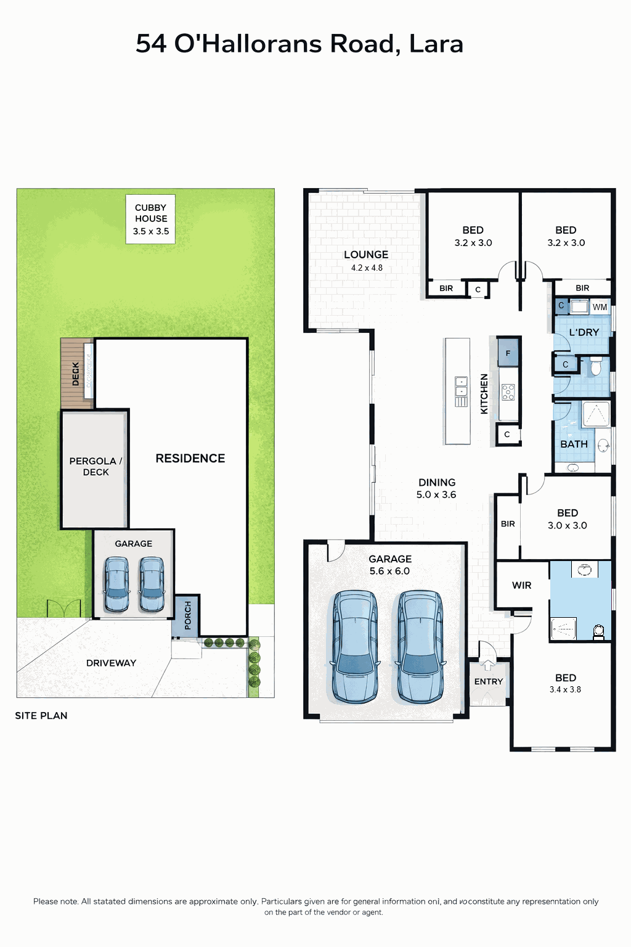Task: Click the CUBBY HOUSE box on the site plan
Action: coord(151,219)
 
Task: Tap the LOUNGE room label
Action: coord(366,255)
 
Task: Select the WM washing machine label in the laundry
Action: coord(600,307)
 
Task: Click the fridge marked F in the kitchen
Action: coord(508,353)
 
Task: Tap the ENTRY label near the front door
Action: coord(489,681)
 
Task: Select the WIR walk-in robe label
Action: coord(521,585)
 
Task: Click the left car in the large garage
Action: coord(355,647)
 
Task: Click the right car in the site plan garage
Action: coord(152,584)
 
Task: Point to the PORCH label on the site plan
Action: coord(188,615)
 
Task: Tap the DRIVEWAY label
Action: coord(111,663)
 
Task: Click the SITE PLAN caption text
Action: coord(41,716)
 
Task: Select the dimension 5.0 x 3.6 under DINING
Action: coord(436,494)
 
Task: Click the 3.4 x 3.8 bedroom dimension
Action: coord(565,690)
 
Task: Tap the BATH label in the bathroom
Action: coord(574,444)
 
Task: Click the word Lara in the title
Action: coord(436,44)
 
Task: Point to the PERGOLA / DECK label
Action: coord(96,466)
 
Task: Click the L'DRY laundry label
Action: coord(584,332)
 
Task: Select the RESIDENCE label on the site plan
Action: coord(190,458)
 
